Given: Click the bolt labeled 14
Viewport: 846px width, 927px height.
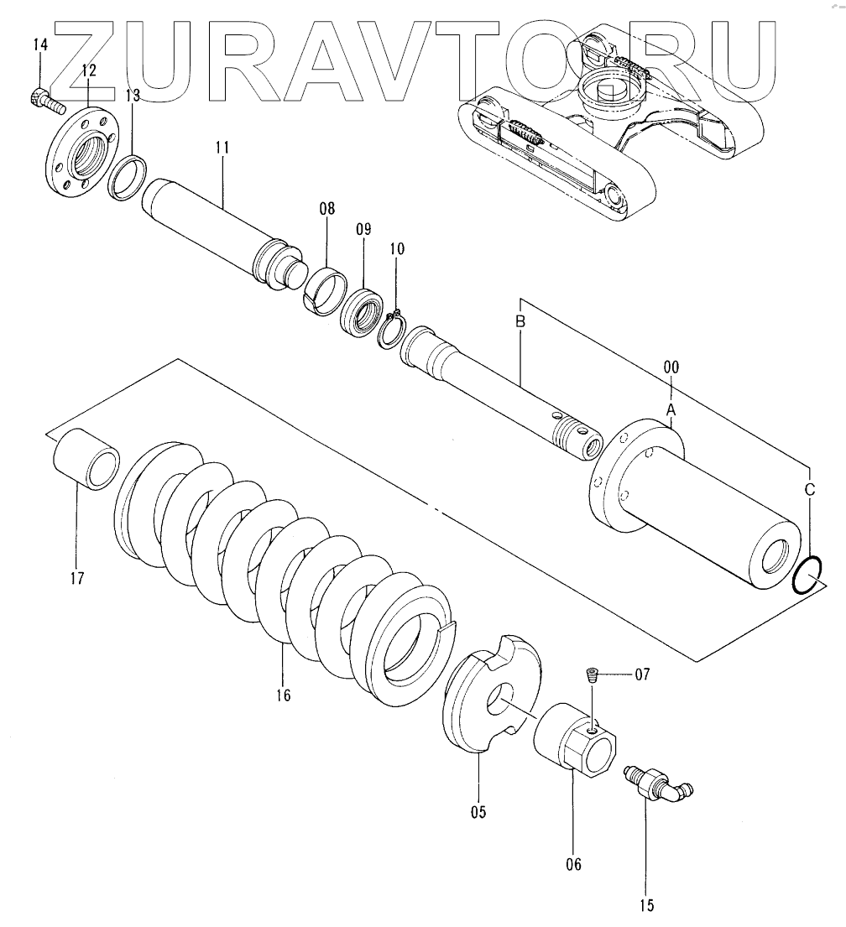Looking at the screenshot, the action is (x=46, y=102).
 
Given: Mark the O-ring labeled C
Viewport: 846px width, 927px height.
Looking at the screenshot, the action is (x=809, y=576).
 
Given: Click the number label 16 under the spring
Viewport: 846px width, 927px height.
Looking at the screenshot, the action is (x=282, y=695).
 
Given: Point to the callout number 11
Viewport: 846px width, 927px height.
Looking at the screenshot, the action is (x=222, y=149).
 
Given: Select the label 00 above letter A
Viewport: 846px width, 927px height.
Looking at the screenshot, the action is (x=671, y=367).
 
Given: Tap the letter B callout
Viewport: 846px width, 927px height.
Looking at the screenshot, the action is (x=520, y=321).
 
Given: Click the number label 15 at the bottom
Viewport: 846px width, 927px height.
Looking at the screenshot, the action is (x=647, y=905).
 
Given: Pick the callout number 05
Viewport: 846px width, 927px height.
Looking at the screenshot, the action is (x=478, y=811).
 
